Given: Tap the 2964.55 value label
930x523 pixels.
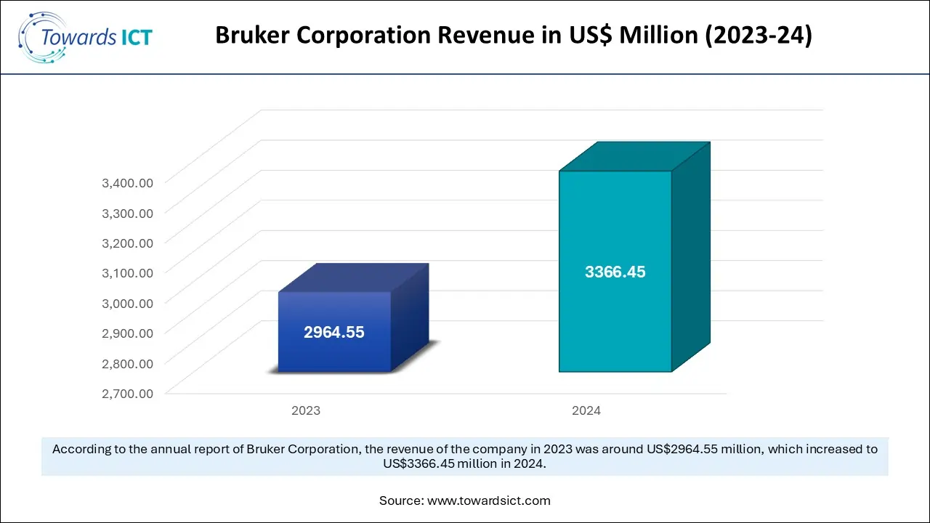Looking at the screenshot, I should click(x=334, y=333).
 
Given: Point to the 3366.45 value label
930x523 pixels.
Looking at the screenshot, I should click(x=615, y=272).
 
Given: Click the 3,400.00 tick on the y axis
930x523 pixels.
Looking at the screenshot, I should click(x=127, y=182).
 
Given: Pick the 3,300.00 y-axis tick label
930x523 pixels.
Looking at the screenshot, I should click(x=127, y=212).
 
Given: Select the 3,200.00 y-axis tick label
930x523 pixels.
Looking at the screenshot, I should click(x=127, y=243).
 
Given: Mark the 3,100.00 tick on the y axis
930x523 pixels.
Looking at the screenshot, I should click(x=127, y=272).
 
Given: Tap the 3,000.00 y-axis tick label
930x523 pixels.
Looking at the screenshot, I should click(x=127, y=303).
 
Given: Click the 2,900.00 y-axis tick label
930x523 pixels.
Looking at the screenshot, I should click(x=127, y=333).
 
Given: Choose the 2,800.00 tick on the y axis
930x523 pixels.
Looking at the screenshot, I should click(x=127, y=363).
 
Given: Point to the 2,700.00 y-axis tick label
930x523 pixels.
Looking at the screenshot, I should click(x=127, y=393).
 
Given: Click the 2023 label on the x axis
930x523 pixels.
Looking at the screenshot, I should click(x=306, y=410).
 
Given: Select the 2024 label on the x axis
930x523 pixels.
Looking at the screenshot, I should click(x=586, y=410).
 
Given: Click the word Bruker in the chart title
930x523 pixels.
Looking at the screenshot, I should click(x=251, y=36).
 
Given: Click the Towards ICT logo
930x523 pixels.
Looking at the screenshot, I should click(x=85, y=37).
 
